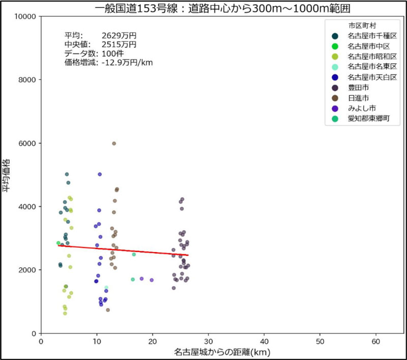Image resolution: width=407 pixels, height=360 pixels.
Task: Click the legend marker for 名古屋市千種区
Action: coord(335,36)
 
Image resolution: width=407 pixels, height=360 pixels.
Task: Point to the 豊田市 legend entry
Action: coord(359,88)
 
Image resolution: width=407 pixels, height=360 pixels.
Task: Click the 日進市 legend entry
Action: coord(359,98)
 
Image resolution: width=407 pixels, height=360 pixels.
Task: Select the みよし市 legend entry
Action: coord(362,108)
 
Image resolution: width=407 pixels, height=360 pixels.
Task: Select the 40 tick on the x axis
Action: coord(264,341)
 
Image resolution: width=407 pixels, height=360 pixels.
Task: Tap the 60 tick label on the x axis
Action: coord(375,341)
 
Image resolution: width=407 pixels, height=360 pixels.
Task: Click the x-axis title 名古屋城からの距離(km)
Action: coord(222,352)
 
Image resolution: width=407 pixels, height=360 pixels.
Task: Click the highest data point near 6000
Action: coord(114,144)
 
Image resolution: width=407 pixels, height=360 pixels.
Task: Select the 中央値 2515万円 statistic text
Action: coord(100,45)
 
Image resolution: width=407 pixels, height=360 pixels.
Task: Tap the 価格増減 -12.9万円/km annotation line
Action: coord(108,63)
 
